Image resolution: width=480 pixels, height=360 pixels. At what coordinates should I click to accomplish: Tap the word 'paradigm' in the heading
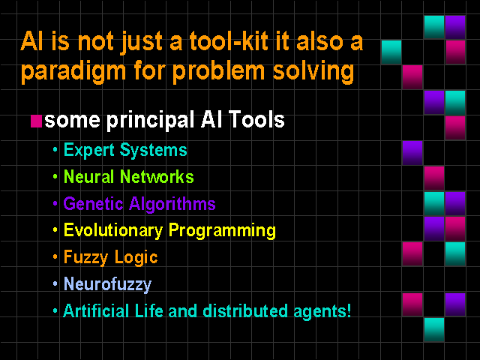pyautogui.click(x=73, y=72)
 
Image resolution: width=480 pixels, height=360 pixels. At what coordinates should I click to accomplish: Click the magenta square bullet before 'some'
pyautogui.click(x=36, y=121)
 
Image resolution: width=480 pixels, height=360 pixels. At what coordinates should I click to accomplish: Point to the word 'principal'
pyautogui.click(x=150, y=120)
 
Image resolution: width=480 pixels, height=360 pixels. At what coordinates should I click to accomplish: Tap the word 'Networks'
pyautogui.click(x=157, y=177)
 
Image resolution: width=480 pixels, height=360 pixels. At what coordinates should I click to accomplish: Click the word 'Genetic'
pyautogui.click(x=93, y=203)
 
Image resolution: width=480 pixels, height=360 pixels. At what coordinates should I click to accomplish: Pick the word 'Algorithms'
pyautogui.click(x=172, y=204)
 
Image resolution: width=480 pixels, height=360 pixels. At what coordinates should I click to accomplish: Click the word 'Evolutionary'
pyautogui.click(x=113, y=231)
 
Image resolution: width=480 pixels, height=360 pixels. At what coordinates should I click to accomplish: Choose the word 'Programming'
pyautogui.click(x=222, y=231)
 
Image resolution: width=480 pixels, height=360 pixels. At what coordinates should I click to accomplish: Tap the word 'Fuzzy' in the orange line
pyautogui.click(x=85, y=257)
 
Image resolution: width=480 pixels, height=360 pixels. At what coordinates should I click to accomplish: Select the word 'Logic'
pyautogui.click(x=136, y=257)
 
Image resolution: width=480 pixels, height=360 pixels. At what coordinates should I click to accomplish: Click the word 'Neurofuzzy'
pyautogui.click(x=107, y=284)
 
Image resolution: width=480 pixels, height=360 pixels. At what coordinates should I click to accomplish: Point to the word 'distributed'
pyautogui.click(x=245, y=310)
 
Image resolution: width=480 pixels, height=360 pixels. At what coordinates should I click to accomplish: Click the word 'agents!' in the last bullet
pyautogui.click(x=322, y=312)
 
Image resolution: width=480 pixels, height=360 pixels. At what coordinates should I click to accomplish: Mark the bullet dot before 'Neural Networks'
pyautogui.click(x=55, y=177)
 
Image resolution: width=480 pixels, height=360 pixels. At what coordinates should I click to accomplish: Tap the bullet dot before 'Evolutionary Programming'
pyautogui.click(x=55, y=230)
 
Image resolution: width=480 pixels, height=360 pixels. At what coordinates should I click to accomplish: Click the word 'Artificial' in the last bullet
pyautogui.click(x=96, y=310)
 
